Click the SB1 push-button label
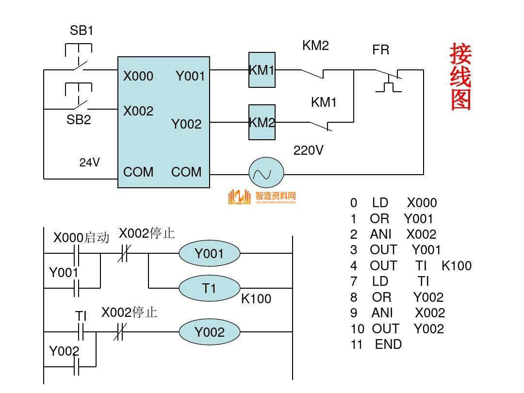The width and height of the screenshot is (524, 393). click(82, 31)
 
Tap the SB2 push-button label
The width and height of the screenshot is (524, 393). click(79, 120)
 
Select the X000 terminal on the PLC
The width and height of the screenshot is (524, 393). click(138, 76)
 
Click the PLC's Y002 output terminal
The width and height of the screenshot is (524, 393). click(186, 124)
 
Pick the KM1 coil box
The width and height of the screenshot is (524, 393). click(262, 70)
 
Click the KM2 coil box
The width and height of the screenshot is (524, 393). click(262, 122)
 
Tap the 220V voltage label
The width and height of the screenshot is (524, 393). click(308, 150)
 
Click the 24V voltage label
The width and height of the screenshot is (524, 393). click(90, 163)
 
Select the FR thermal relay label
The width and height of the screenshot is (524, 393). click(381, 50)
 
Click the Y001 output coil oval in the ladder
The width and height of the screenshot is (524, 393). click(210, 253)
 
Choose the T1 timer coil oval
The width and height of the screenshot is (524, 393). click(210, 289)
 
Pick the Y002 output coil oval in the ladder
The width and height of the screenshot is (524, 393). click(210, 332)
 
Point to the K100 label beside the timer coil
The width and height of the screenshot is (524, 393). click(256, 299)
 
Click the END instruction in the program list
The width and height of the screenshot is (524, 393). click(389, 344)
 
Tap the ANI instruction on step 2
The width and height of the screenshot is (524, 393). click(381, 234)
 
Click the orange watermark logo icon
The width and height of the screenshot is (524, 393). click(239, 197)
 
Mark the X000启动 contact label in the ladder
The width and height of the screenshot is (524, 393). click(81, 238)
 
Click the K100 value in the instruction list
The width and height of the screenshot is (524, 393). click(457, 266)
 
